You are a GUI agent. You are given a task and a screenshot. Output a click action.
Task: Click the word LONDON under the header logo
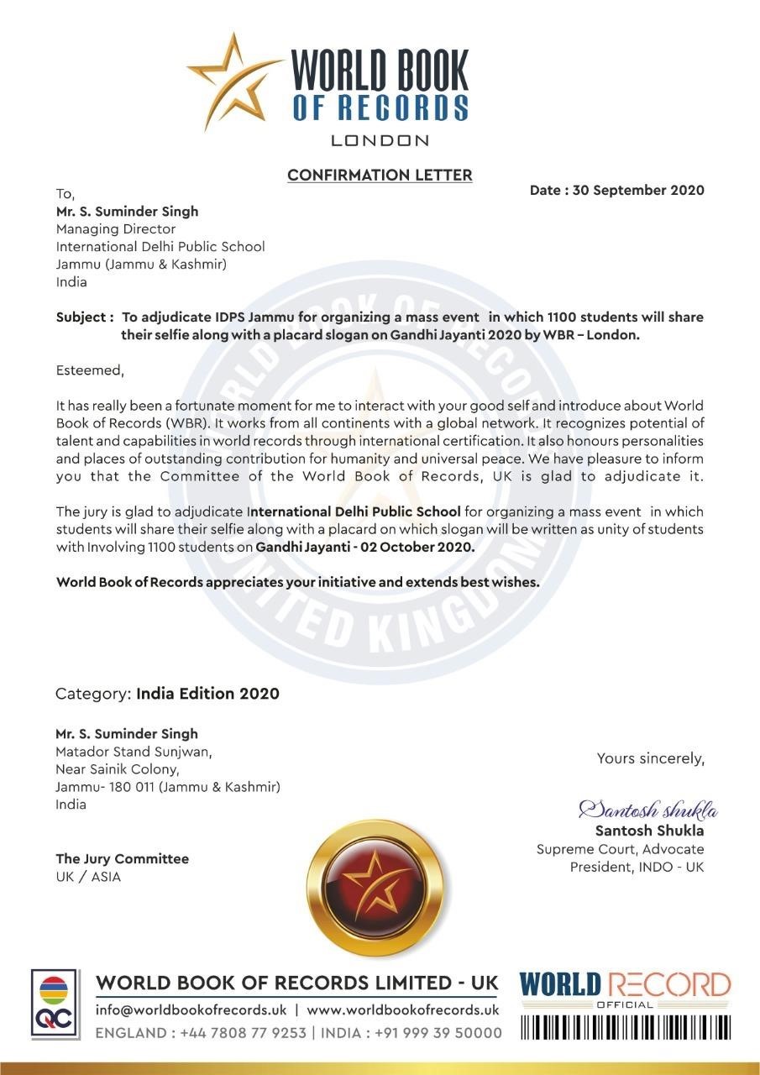point(380,140)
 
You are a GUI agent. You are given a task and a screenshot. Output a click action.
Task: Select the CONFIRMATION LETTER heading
point(380,175)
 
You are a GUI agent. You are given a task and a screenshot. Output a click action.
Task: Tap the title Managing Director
point(116,228)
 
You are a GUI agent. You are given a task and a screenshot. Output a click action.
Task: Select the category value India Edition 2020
point(208,694)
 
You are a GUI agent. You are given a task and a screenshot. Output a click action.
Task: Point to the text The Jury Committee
point(123,858)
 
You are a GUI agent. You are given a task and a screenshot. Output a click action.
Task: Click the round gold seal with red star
point(372,887)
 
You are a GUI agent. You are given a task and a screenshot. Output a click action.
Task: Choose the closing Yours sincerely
point(651,758)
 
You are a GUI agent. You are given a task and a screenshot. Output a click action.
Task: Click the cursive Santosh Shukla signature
point(647,810)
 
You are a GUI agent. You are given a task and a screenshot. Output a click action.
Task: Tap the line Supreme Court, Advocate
point(621,849)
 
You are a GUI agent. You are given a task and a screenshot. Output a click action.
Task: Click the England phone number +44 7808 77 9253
point(244,1033)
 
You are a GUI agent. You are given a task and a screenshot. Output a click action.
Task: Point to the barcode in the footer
point(626,1027)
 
